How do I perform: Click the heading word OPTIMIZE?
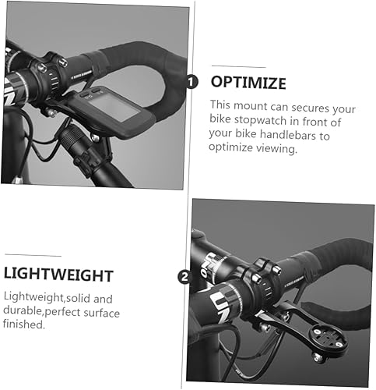point(248,83)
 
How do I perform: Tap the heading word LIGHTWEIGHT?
point(58,275)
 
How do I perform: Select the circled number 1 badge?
point(192,82)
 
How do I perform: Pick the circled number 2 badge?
point(184,277)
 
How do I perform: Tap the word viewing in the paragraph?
point(276,148)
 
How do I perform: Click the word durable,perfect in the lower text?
point(42,311)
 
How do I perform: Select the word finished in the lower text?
point(24,324)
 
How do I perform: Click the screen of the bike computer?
point(114,107)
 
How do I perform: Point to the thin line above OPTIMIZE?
point(239,66)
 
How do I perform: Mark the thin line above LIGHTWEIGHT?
point(33,255)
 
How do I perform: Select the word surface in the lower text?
point(102,313)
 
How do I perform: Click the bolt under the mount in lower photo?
point(318,358)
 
